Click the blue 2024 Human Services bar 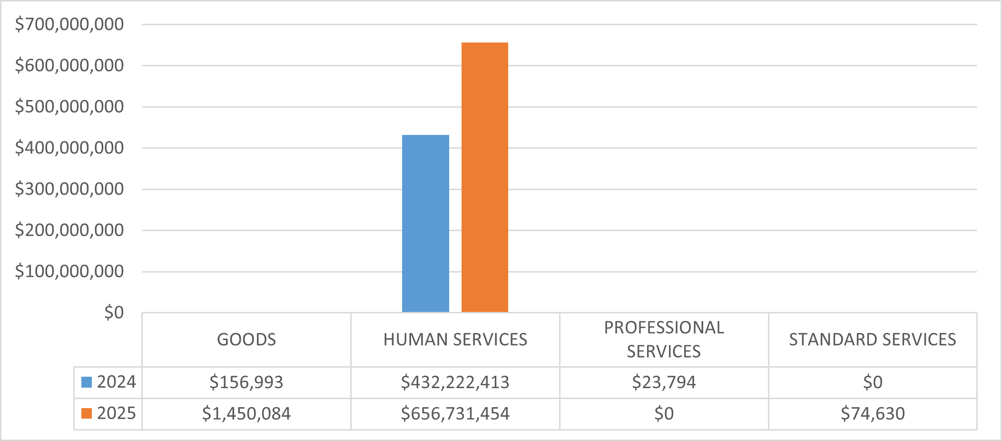pyautogui.click(x=425, y=223)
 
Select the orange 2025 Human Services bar pyautogui.click(x=484, y=177)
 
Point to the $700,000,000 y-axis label pyautogui.click(x=69, y=24)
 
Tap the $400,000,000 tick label pyautogui.click(x=69, y=148)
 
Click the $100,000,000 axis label pyautogui.click(x=69, y=271)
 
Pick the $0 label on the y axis pyautogui.click(x=114, y=312)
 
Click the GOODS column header pyautogui.click(x=246, y=340)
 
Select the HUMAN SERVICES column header pyautogui.click(x=455, y=340)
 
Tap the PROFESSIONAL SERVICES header pyautogui.click(x=664, y=340)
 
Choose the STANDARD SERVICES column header pyautogui.click(x=873, y=340)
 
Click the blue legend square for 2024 pyautogui.click(x=87, y=382)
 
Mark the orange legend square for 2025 pyautogui.click(x=87, y=413)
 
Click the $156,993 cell pyautogui.click(x=246, y=382)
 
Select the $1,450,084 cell pyautogui.click(x=246, y=413)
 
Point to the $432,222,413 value pyautogui.click(x=455, y=382)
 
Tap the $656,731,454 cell pyautogui.click(x=455, y=413)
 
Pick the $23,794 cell pyautogui.click(x=664, y=382)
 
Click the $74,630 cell pyautogui.click(x=873, y=413)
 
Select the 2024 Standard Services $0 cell pyautogui.click(x=873, y=382)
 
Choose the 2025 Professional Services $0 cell pyautogui.click(x=664, y=413)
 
